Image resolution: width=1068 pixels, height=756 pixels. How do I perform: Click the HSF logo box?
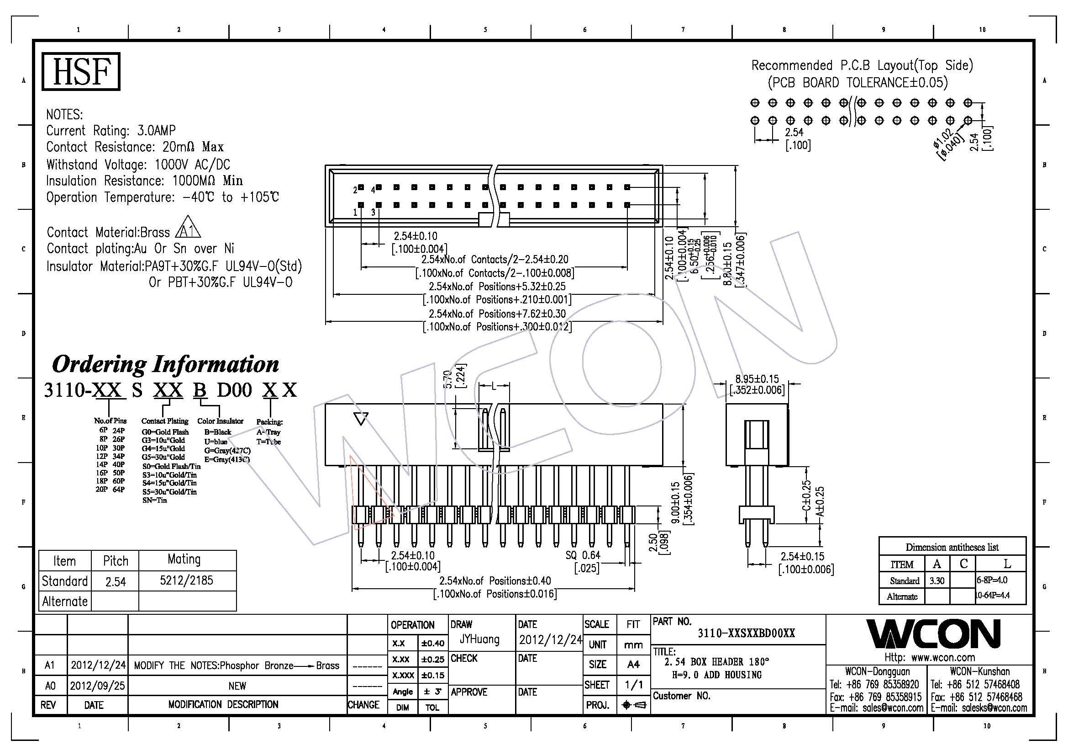(x=81, y=71)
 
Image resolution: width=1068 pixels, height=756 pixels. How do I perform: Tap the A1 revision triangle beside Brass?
(x=189, y=228)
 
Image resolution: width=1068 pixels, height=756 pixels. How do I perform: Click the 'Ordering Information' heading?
(x=165, y=364)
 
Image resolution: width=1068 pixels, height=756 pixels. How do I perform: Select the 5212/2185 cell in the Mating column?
(x=187, y=580)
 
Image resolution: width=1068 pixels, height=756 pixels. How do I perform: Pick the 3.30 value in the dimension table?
(x=936, y=581)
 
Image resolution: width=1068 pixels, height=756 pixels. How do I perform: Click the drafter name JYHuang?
(x=479, y=639)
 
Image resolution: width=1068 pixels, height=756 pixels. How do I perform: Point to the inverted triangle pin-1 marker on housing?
(x=361, y=419)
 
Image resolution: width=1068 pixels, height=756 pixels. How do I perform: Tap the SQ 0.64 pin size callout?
(x=583, y=555)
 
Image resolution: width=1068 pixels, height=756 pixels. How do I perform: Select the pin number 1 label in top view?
(x=355, y=213)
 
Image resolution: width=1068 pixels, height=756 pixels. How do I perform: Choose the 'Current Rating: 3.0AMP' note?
(x=110, y=131)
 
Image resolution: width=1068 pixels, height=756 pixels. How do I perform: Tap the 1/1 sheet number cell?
(x=633, y=685)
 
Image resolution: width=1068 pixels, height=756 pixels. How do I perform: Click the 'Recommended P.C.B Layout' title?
(x=862, y=66)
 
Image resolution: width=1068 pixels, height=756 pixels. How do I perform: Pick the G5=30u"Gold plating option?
(x=163, y=457)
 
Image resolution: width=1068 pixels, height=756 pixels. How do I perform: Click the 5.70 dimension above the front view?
(x=448, y=379)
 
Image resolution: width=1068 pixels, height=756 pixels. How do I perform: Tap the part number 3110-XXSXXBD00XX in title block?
(x=746, y=633)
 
